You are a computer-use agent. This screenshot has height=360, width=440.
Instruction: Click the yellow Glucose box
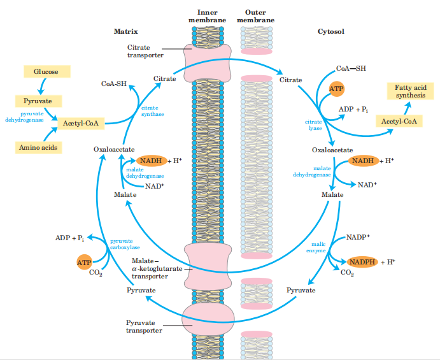coord(46,72)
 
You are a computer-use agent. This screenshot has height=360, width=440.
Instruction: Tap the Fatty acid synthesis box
coord(406,91)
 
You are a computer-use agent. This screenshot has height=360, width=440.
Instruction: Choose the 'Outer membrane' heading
coord(256,16)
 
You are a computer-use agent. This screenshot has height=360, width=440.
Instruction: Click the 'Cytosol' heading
coord(331,31)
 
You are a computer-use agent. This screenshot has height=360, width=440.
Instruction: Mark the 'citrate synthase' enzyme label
coord(153,111)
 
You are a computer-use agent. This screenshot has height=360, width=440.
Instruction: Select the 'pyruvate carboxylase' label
coord(121,244)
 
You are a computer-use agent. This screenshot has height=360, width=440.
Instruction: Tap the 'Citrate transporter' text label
coord(146,51)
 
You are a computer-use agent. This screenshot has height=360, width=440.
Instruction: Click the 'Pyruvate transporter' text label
coord(144,326)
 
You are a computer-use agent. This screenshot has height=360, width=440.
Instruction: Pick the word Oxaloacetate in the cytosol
coord(332,150)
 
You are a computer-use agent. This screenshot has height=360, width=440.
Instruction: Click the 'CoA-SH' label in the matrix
coord(114,83)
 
